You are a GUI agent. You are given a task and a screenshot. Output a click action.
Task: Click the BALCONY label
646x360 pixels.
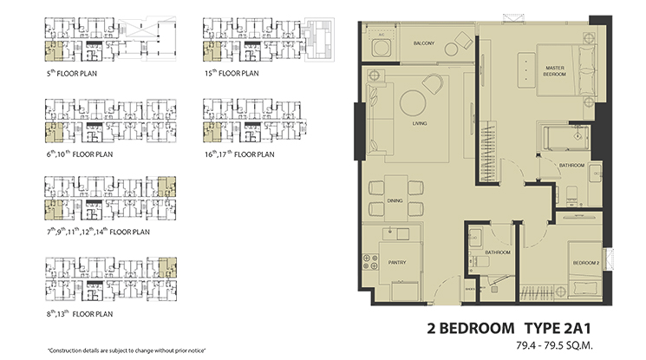click(422, 42)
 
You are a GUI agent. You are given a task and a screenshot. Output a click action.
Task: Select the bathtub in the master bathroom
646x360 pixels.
click(564, 138)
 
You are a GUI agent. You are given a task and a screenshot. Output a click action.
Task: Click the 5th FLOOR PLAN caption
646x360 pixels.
click(70, 75)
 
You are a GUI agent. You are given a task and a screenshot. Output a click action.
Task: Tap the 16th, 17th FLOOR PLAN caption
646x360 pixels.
click(238, 154)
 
